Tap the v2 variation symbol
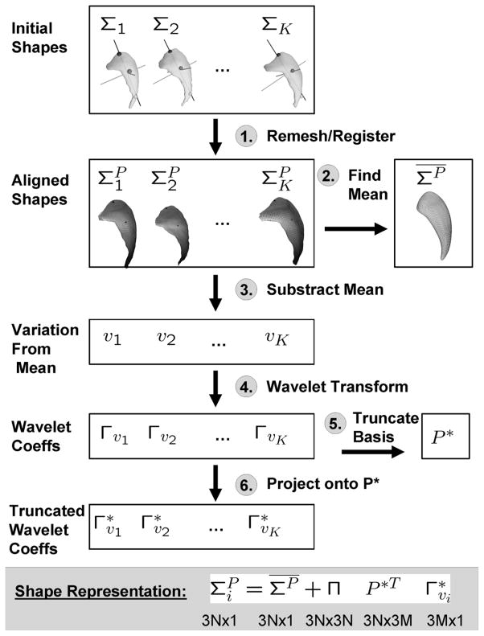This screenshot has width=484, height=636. coord(166,339)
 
